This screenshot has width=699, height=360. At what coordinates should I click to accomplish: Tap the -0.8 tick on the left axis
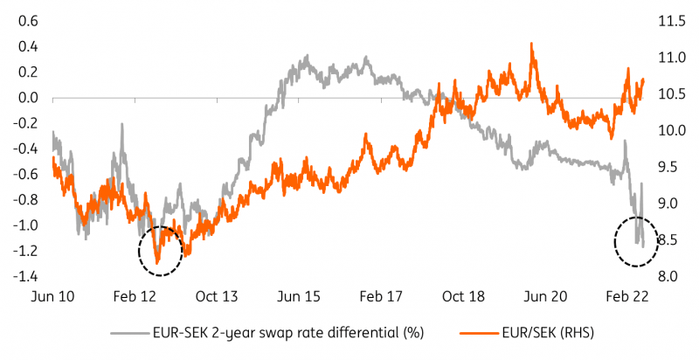point(19,200)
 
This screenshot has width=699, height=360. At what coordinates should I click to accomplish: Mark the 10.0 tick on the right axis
point(671,130)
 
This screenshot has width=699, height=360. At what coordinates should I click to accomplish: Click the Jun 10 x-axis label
point(53,297)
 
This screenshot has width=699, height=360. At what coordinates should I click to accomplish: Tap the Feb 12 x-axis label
point(136,297)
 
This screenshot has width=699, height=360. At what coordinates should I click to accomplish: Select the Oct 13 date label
point(218,297)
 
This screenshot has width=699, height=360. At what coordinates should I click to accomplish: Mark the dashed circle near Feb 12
point(160,250)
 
